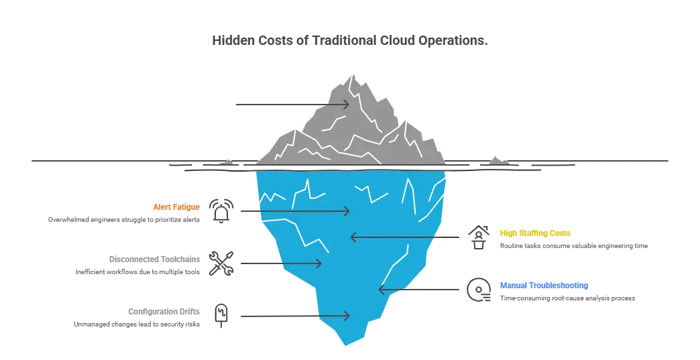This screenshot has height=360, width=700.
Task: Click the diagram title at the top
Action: (x=348, y=42)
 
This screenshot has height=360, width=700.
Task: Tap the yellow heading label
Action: (x=536, y=233)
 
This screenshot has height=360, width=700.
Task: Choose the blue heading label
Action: (x=544, y=285)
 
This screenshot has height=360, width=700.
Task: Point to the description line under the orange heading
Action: (x=125, y=220)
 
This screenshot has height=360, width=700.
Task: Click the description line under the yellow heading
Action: (x=573, y=247)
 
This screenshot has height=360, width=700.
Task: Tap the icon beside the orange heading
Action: (x=222, y=211)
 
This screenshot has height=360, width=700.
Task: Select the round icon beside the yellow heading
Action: (x=479, y=239)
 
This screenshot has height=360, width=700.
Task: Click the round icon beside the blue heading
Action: (x=479, y=290)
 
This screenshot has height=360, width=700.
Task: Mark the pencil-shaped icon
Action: (x=222, y=315)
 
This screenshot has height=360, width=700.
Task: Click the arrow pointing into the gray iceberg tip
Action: (x=292, y=104)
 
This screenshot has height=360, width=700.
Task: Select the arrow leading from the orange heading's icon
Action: (x=293, y=211)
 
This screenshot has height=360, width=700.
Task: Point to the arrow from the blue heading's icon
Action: (x=420, y=290)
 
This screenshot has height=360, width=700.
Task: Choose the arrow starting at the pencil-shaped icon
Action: (x=293, y=315)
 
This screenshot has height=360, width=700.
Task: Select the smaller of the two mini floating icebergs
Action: (x=225, y=161)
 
